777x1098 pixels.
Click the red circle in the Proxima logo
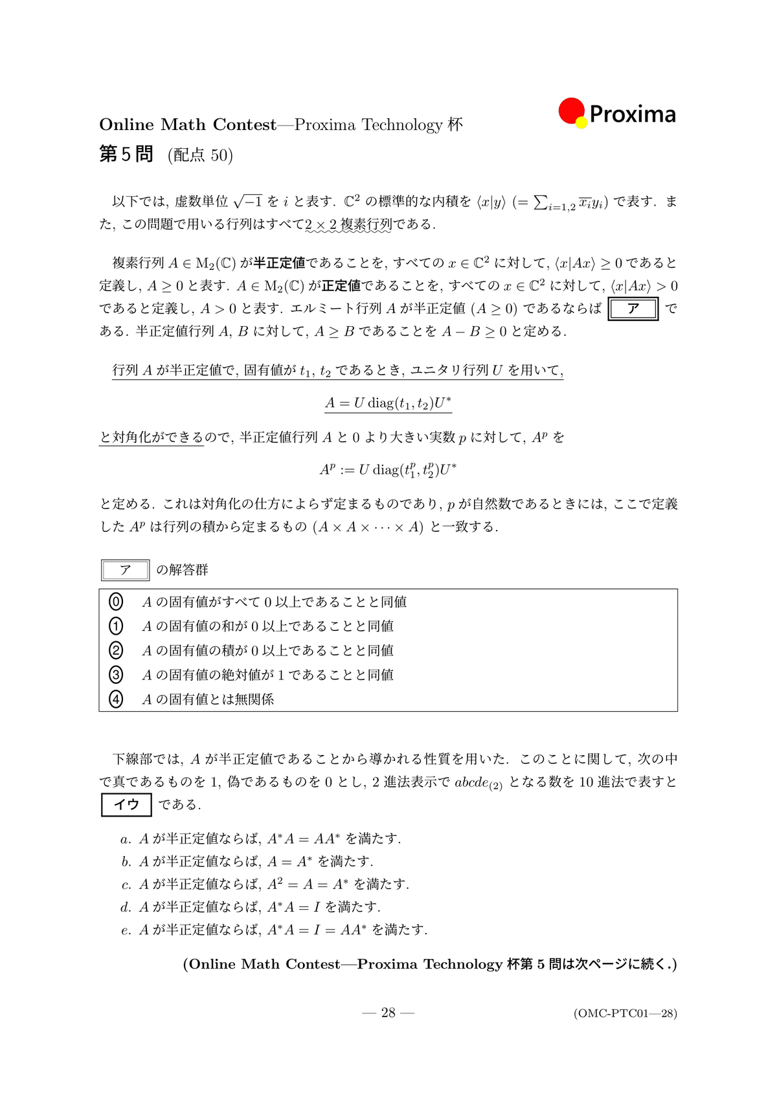pyautogui.click(x=571, y=111)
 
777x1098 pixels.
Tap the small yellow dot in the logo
pyautogui.click(x=581, y=122)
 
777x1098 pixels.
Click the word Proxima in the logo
pyautogui.click(x=633, y=115)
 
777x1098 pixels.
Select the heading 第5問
pyautogui.click(x=126, y=154)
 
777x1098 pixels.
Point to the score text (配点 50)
pyautogui.click(x=200, y=155)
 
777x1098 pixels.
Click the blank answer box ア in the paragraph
pyautogui.click(x=633, y=309)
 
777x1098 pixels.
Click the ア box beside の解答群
pyautogui.click(x=126, y=570)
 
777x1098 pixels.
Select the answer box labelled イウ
pyautogui.click(x=127, y=804)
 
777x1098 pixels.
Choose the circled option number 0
pyautogui.click(x=116, y=602)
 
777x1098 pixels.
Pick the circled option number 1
pyautogui.click(x=116, y=626)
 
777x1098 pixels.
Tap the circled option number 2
pyautogui.click(x=116, y=650)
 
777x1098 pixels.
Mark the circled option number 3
pyautogui.click(x=116, y=675)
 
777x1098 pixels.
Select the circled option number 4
pyautogui.click(x=116, y=699)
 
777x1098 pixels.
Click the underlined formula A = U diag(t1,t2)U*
pyautogui.click(x=388, y=403)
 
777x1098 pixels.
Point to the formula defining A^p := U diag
pyautogui.click(x=388, y=470)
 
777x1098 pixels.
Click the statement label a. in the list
pyautogui.click(x=126, y=839)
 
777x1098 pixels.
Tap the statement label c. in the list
pyautogui.click(x=126, y=885)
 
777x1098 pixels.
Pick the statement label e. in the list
pyautogui.click(x=126, y=931)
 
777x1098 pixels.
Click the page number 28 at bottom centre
pyautogui.click(x=388, y=1013)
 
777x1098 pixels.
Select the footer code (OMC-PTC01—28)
pyautogui.click(x=625, y=1013)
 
